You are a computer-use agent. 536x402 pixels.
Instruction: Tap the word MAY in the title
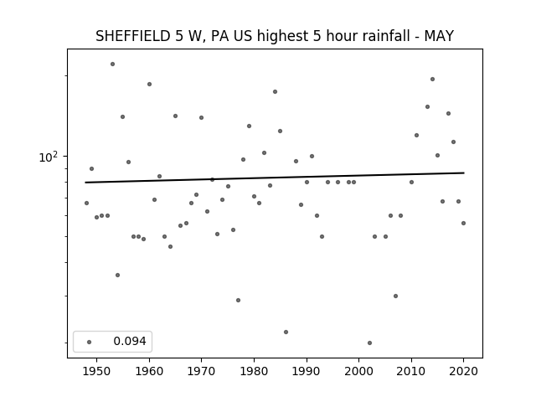439,36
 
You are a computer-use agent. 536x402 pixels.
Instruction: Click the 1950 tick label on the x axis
97,371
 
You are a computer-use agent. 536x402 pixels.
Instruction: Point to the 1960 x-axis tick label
149,371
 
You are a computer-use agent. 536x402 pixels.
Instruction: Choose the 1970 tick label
202,371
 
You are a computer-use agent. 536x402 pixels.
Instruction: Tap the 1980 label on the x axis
254,371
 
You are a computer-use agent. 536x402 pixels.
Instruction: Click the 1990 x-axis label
307,371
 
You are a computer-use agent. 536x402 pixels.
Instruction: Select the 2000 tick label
359,371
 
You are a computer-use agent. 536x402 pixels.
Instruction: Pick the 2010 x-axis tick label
411,371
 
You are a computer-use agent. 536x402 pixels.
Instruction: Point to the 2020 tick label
463,371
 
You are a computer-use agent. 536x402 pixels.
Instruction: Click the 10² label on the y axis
49,157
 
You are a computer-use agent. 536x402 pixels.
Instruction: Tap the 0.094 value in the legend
130,341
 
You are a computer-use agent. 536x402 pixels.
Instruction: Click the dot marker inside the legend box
90,342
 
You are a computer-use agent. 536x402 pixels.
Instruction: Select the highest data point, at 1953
112,64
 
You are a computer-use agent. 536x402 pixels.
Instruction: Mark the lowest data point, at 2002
369,343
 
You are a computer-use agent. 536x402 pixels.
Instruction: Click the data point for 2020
463,224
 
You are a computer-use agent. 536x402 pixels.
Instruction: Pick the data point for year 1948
86,203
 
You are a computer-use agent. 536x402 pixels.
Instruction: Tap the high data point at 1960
149,84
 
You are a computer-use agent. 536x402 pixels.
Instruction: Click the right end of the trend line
464,173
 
